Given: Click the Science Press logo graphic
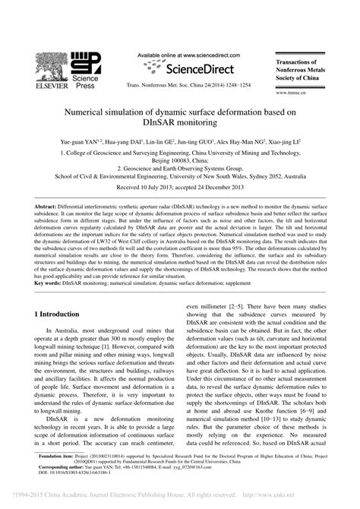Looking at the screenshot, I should (x=90, y=63).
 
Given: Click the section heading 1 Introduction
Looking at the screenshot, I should (x=68, y=314).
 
